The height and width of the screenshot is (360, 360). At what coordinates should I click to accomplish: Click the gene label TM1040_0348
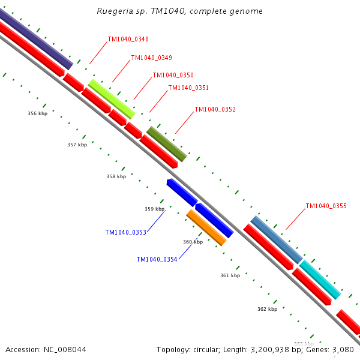[128, 40]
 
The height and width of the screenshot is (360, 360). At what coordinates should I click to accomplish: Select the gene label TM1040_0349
[151, 58]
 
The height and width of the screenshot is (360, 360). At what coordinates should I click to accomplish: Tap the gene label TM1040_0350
[173, 76]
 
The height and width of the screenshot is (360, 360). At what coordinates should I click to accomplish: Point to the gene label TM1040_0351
[188, 88]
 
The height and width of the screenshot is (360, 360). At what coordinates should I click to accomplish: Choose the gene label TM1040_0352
[215, 110]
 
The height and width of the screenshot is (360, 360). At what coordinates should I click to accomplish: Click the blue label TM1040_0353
[125, 232]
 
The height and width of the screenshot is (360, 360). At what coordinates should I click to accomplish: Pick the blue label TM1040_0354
[157, 259]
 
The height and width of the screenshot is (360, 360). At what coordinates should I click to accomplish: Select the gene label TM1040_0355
[326, 206]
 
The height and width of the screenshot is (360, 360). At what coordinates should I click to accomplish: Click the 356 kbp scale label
[37, 113]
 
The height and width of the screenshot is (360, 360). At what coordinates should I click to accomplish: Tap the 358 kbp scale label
[116, 176]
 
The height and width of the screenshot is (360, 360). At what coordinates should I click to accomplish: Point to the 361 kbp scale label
[230, 275]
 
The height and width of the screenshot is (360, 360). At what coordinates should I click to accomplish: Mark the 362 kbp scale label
[267, 309]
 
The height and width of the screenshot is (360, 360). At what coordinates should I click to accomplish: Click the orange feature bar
[206, 227]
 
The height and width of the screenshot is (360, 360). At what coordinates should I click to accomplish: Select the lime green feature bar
[112, 98]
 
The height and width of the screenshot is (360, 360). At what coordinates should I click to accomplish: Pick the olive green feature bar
[167, 143]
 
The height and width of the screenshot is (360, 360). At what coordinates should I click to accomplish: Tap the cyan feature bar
[320, 280]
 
